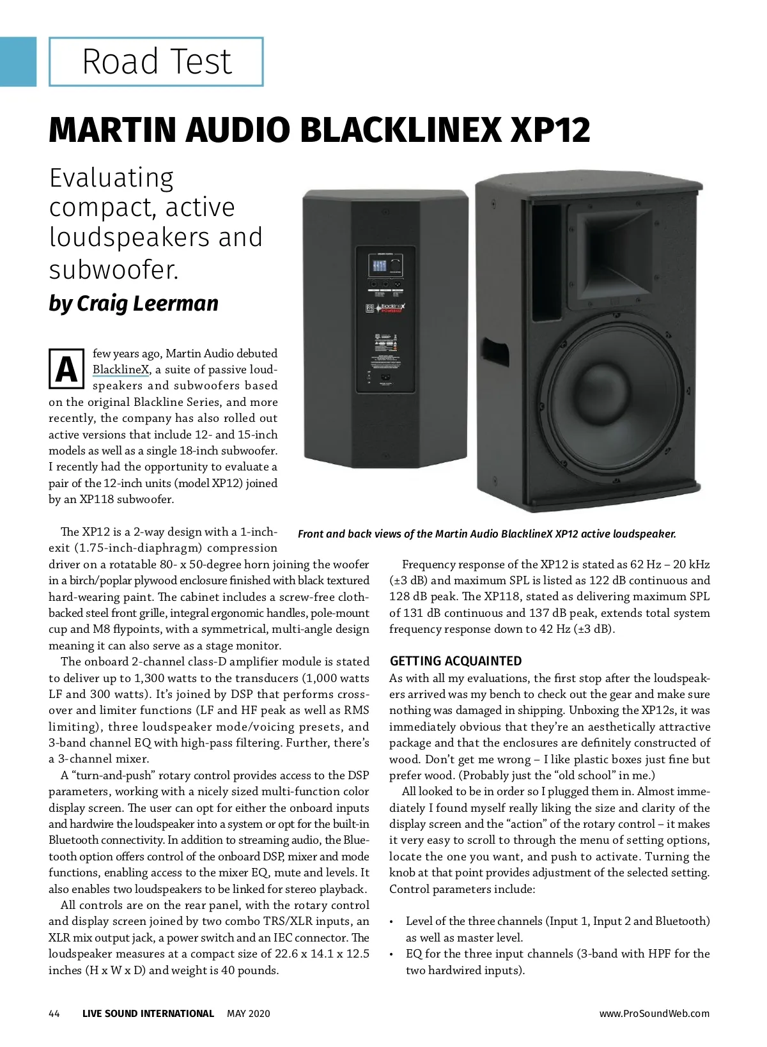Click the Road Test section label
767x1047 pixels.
pyautogui.click(x=157, y=62)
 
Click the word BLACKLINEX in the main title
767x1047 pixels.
pyautogui.click(x=400, y=130)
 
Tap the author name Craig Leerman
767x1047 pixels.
pyautogui.click(x=148, y=303)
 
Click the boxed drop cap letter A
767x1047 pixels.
pyautogui.click(x=66, y=369)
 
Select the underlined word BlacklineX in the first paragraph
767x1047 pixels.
pyautogui.click(x=121, y=369)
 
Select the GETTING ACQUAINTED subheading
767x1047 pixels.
pyautogui.click(x=456, y=661)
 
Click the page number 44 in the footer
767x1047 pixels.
pyautogui.click(x=54, y=1014)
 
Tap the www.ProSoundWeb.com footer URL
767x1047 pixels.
pyautogui.click(x=654, y=1014)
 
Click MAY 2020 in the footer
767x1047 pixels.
pyautogui.click(x=249, y=1014)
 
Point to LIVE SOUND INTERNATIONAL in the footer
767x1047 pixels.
pyautogui.click(x=148, y=1014)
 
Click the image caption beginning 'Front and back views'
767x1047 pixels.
pyautogui.click(x=486, y=534)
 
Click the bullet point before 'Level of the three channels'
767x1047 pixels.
pyautogui.click(x=392, y=922)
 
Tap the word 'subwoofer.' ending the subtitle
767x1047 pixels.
pyautogui.click(x=114, y=270)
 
